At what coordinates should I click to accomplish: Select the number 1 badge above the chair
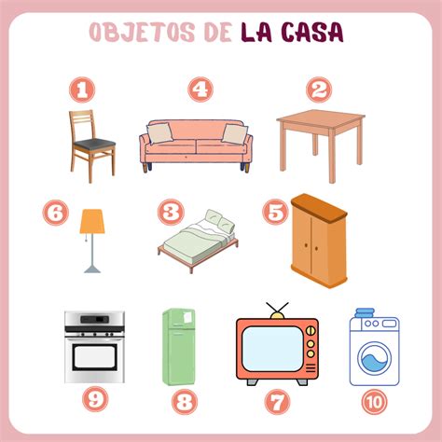pos(82,90)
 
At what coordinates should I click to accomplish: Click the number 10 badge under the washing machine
pos(374,402)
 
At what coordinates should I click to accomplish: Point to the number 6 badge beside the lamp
pos(56,213)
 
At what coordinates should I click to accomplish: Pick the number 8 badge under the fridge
pos(185,402)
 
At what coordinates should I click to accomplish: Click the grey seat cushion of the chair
pos(95,144)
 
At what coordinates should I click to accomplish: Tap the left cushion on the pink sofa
pos(159,132)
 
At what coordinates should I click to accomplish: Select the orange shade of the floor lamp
pos(92,221)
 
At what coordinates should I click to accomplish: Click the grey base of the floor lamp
pos(92,269)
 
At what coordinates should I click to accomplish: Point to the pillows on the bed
pos(219,221)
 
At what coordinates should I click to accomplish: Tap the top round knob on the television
pos(311,331)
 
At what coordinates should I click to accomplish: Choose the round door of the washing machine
pos(375,359)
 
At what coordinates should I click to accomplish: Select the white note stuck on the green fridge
pos(188,317)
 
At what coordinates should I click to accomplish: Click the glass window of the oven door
pos(95,357)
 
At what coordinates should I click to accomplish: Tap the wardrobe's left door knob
pos(307,245)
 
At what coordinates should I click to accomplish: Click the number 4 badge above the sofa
pos(200,90)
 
